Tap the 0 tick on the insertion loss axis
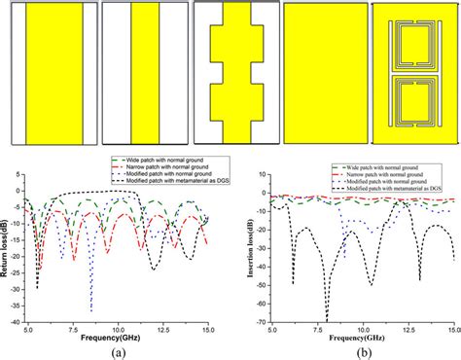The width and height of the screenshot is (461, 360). click(269, 193)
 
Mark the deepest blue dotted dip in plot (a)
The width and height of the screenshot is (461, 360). click(91, 309)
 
